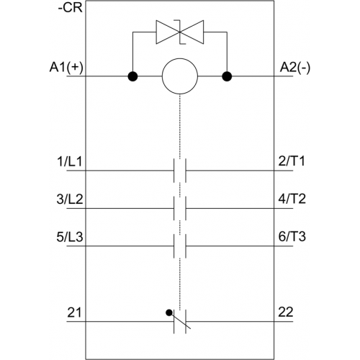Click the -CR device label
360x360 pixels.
(x=71, y=8)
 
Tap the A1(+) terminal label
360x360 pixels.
(x=66, y=67)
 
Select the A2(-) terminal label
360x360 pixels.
(x=295, y=68)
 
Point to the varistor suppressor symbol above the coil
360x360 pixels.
(x=180, y=32)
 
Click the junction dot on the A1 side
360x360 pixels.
(x=132, y=76)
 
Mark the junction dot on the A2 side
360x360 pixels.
(x=227, y=76)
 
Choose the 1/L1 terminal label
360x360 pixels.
(x=70, y=161)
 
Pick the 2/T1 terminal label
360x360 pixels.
(x=292, y=161)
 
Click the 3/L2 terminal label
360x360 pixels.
(x=70, y=199)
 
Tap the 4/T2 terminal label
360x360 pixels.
(x=292, y=199)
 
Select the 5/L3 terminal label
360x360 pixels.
(x=70, y=237)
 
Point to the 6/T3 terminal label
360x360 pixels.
(x=292, y=236)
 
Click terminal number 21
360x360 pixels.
(x=74, y=312)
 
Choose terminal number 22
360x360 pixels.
(x=286, y=312)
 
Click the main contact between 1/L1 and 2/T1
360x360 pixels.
(x=180, y=171)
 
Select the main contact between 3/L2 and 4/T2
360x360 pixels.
(x=180, y=208)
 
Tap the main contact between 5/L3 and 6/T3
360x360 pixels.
(x=180, y=246)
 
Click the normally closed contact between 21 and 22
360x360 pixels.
(x=180, y=321)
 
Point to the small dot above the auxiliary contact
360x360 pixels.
(x=169, y=312)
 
